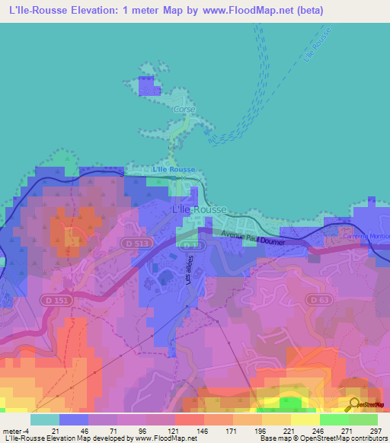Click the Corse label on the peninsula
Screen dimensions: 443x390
pos(185,110)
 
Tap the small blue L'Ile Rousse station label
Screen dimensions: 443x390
pos(174,169)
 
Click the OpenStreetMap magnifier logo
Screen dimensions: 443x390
pos(353,405)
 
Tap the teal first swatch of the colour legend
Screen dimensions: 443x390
pos(45,419)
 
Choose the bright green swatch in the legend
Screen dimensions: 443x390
pos(334,419)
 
